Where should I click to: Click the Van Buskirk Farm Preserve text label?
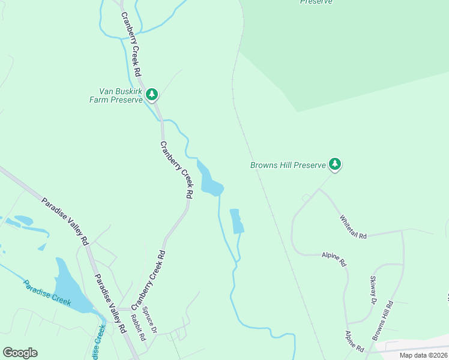(121, 95)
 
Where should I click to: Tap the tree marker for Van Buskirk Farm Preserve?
(152, 94)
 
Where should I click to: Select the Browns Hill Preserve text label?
(288, 164)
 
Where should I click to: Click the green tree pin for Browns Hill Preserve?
(335, 164)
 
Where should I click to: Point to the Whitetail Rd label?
(353, 227)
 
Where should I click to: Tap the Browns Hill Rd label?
(382, 321)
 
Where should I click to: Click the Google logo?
(20, 353)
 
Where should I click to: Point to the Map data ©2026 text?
(423, 355)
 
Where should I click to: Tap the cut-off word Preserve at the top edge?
(316, 2)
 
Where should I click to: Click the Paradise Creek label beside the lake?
(47, 293)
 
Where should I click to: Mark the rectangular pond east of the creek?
(237, 221)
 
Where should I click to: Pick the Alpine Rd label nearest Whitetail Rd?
(334, 259)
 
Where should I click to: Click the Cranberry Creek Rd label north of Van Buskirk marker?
(130, 43)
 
